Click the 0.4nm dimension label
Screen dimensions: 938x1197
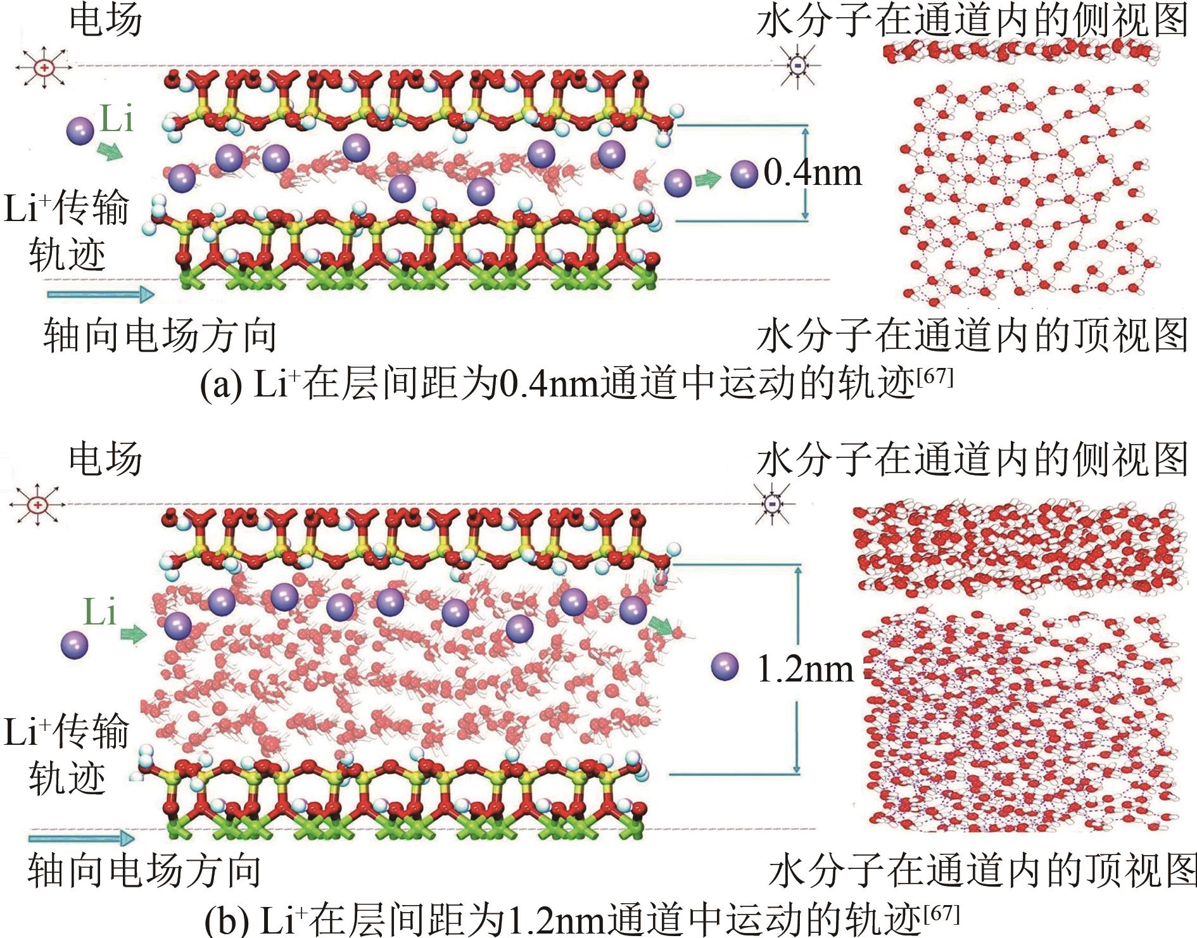tap(813, 173)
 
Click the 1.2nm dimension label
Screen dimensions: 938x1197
tap(805, 669)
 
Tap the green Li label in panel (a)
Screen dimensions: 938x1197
tap(117, 118)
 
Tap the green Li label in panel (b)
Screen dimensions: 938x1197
tap(100, 612)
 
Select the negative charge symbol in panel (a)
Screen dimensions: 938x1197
tap(799, 65)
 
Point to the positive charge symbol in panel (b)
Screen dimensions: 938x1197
tap(39, 505)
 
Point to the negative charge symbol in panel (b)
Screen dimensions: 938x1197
tap(773, 504)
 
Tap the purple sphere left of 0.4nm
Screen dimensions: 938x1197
tap(744, 174)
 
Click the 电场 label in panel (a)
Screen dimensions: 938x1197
tap(106, 20)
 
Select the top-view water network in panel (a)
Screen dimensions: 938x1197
tap(1029, 193)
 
